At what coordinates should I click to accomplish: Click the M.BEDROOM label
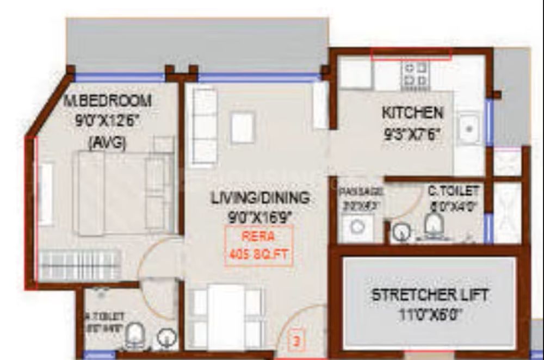(107, 101)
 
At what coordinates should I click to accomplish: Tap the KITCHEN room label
(412, 113)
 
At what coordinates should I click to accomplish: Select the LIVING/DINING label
(260, 198)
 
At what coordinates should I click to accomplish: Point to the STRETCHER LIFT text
(430, 295)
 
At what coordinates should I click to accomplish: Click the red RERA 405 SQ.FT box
(259, 245)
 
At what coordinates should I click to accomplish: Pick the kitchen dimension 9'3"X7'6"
(412, 134)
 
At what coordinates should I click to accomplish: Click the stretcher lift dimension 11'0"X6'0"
(429, 315)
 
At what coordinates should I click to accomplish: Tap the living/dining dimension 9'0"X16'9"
(261, 217)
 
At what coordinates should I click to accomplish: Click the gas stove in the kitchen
(415, 75)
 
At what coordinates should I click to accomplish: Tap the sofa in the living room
(205, 126)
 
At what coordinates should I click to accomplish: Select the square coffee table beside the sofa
(242, 127)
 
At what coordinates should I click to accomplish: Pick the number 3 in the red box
(296, 343)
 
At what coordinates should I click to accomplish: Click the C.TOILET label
(453, 191)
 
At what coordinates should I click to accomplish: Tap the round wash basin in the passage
(356, 227)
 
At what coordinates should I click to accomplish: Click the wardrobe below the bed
(80, 265)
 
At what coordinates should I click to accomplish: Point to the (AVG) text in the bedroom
(107, 142)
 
